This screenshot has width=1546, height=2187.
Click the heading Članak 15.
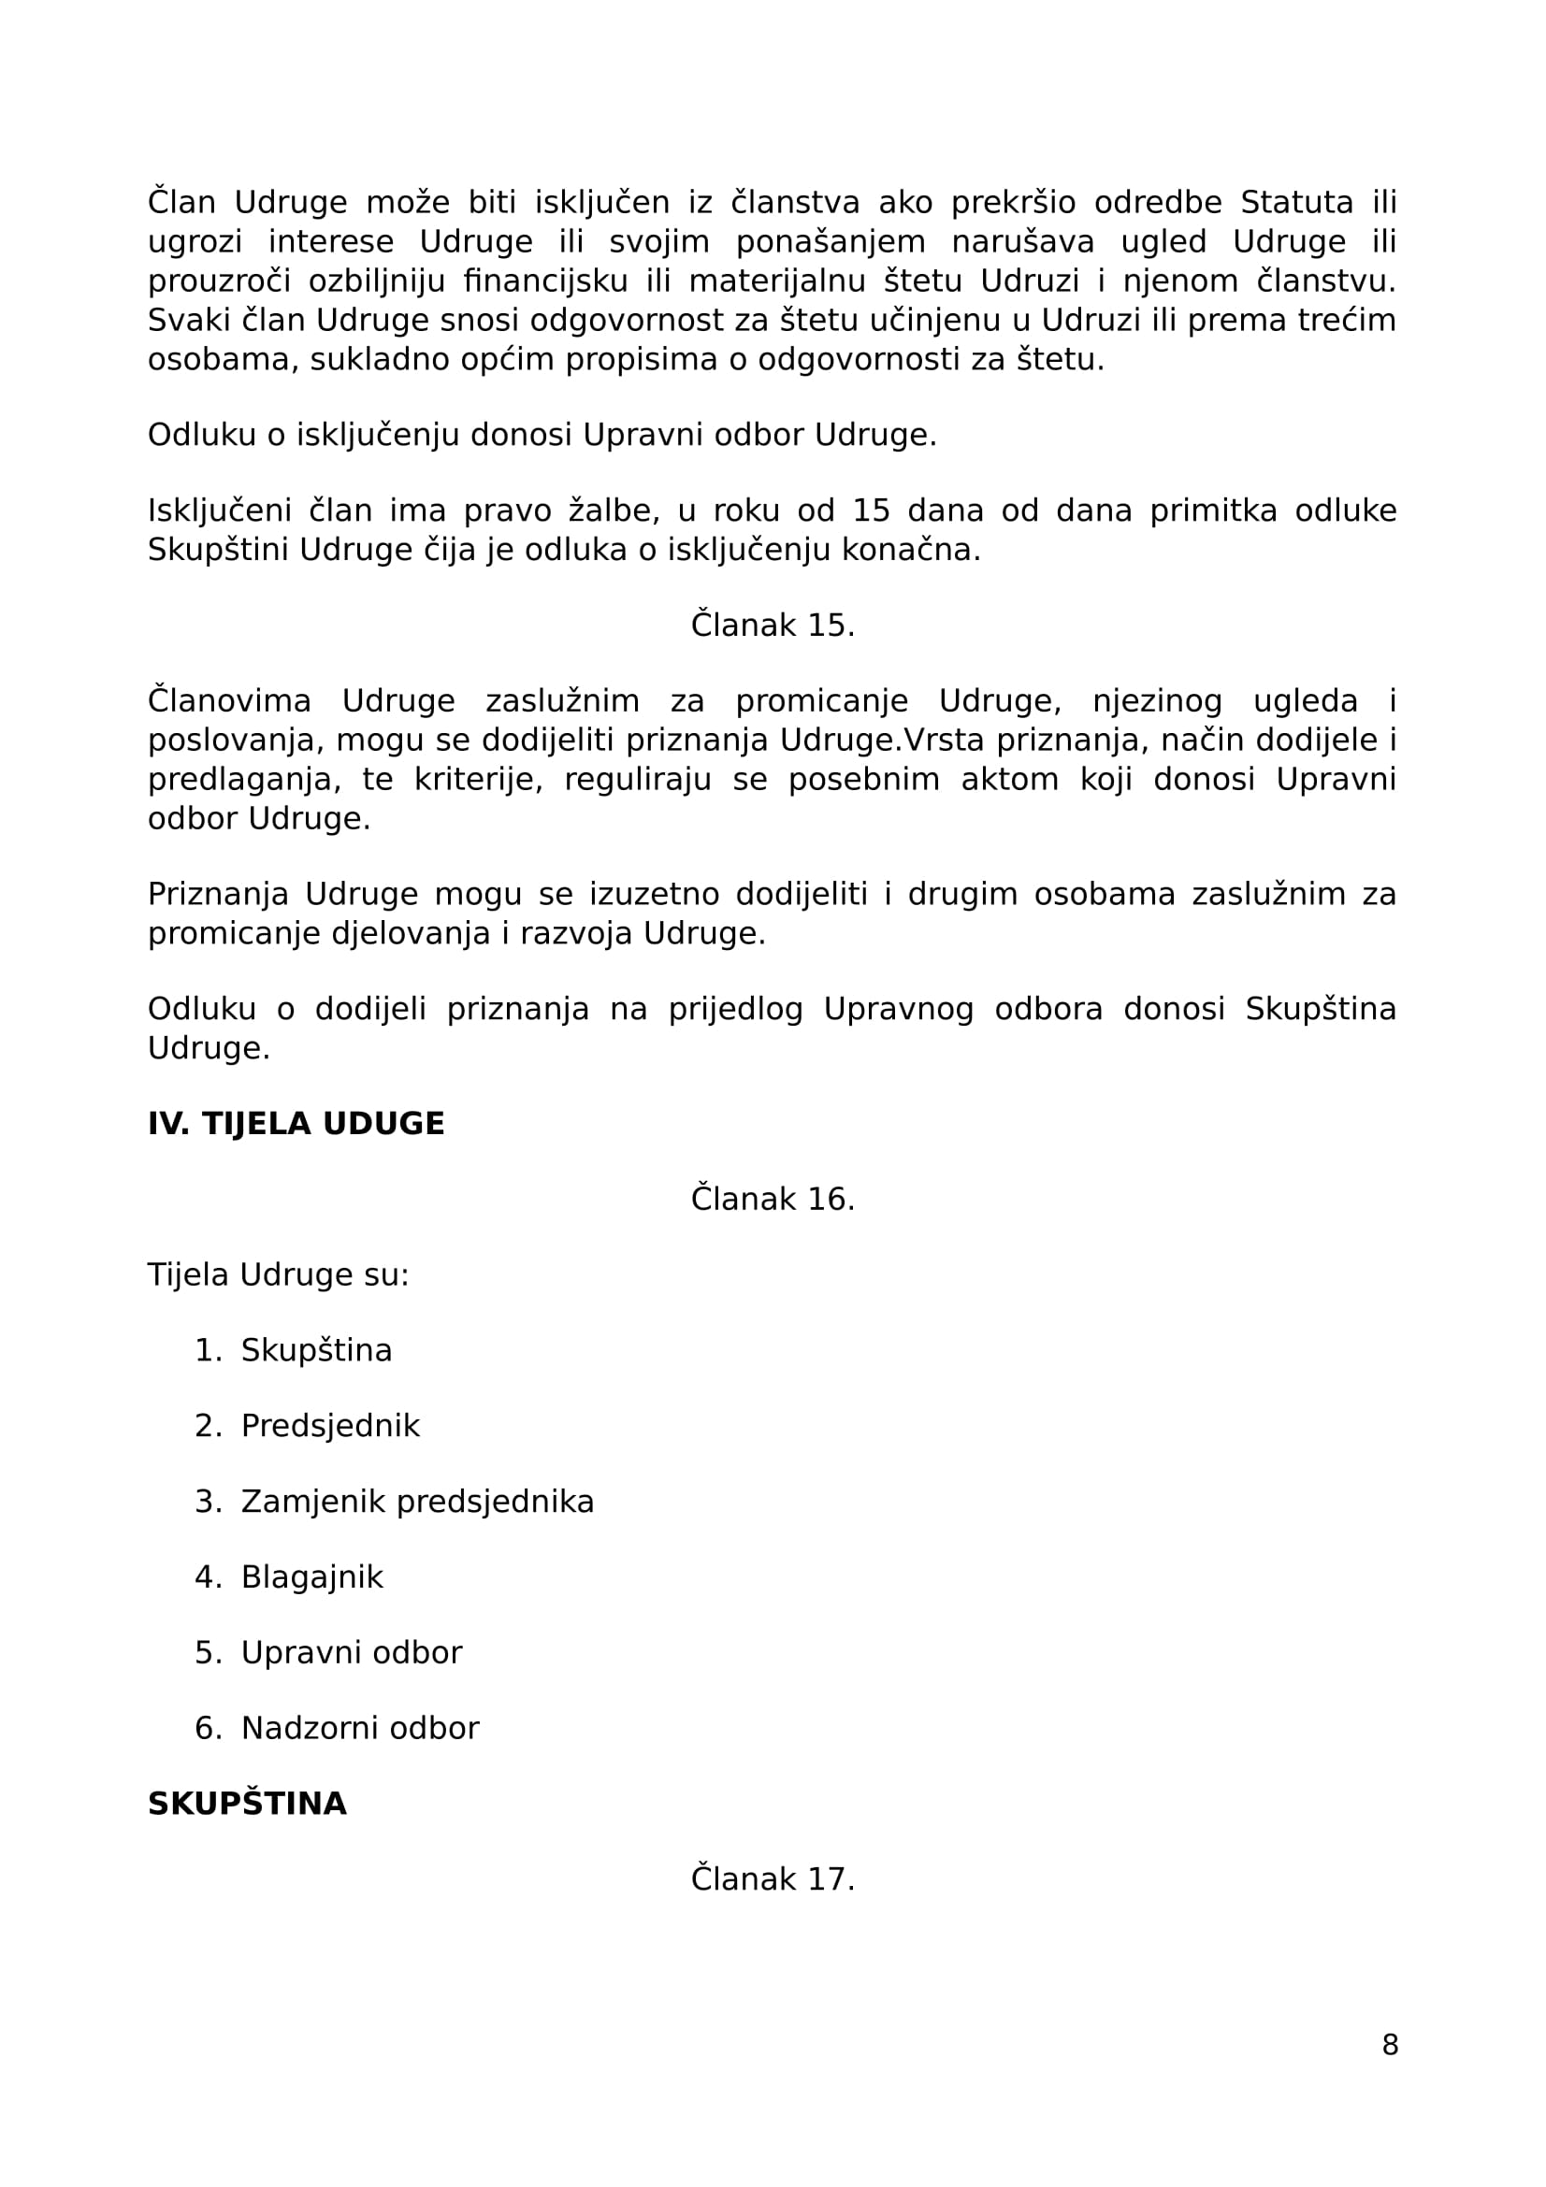coord(773,626)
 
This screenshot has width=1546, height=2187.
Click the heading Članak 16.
coord(773,1200)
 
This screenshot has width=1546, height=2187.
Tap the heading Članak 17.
coord(773,1879)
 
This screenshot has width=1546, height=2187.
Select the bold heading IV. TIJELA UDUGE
coord(296,1124)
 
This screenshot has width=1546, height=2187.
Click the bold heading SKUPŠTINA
coord(247,1804)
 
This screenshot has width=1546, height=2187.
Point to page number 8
coord(1390,2045)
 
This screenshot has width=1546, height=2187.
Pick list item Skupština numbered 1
coord(316,1351)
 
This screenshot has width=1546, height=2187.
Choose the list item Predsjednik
coord(329,1426)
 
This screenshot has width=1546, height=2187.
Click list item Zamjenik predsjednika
coord(417,1503)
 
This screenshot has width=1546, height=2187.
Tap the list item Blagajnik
coord(311,1577)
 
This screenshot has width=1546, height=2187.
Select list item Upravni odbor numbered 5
coord(351,1652)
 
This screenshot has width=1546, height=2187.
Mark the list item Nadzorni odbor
coord(359,1729)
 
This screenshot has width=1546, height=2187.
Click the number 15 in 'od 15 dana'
coord(871,511)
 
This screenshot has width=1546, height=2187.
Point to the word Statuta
coord(1296,203)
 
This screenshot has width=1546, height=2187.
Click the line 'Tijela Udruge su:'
coord(278,1275)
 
